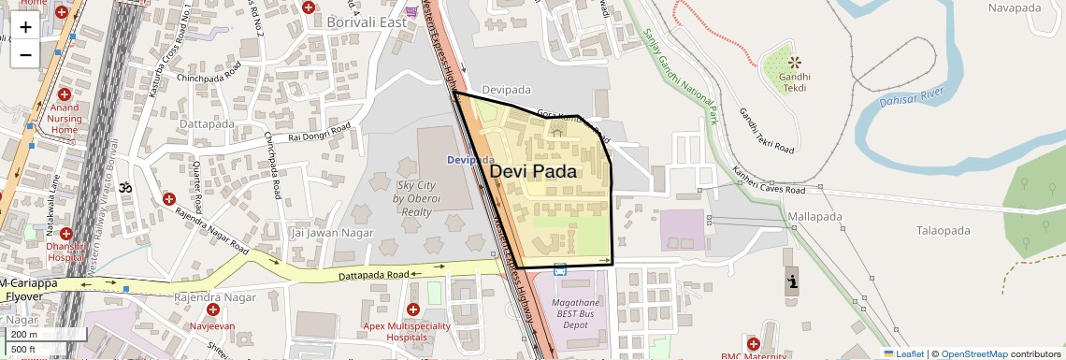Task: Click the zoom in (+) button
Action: [x=25, y=27]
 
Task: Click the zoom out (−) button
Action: [x=25, y=55]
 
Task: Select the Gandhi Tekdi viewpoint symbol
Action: [x=795, y=63]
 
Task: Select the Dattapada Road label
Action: [x=374, y=275]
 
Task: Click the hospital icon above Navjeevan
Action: [x=213, y=310]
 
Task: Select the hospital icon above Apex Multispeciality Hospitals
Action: [x=413, y=310]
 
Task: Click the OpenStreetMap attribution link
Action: [x=973, y=353]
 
